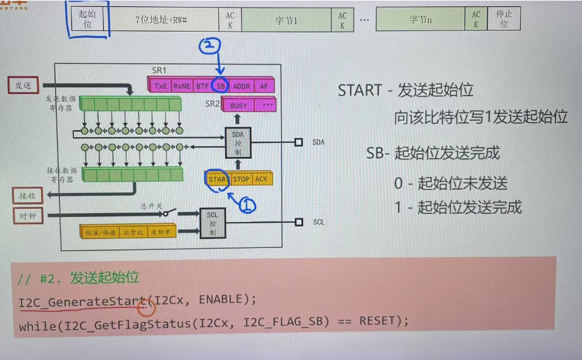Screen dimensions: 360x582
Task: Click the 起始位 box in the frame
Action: click(x=87, y=19)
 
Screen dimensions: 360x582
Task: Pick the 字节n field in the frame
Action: click(x=420, y=20)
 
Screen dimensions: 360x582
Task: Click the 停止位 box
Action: click(x=504, y=20)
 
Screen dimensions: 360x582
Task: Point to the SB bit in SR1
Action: click(x=220, y=85)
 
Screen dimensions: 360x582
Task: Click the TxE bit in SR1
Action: click(x=161, y=85)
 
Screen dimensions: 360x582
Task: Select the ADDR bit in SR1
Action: click(x=242, y=85)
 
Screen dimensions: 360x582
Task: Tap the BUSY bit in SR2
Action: click(x=239, y=106)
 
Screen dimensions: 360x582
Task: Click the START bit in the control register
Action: click(x=218, y=179)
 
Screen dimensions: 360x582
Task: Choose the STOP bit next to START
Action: click(x=241, y=179)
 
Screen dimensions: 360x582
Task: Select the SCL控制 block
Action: click(x=213, y=223)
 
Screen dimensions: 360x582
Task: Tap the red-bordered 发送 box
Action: click(x=23, y=85)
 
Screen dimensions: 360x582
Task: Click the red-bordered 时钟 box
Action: click(x=28, y=215)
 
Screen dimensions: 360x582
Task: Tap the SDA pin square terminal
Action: click(x=299, y=142)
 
